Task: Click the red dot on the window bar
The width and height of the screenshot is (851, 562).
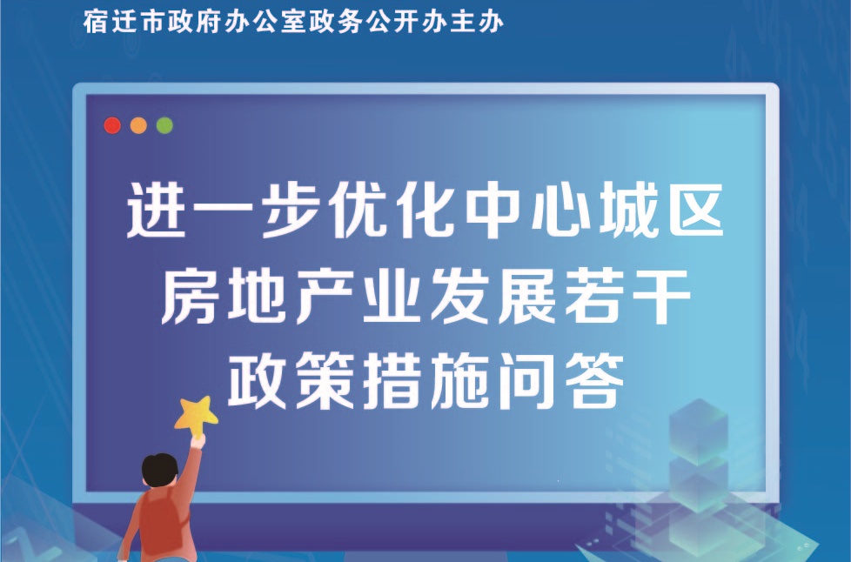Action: [x=112, y=125]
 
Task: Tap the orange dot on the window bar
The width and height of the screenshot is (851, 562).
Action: [x=138, y=125]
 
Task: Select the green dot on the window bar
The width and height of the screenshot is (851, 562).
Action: [x=164, y=125]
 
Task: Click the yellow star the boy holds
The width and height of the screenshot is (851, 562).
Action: [x=196, y=416]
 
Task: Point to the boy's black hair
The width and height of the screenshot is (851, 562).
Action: [x=159, y=469]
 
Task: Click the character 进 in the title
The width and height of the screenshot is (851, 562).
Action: [x=155, y=210]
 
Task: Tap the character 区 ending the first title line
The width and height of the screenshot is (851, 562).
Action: [x=697, y=210]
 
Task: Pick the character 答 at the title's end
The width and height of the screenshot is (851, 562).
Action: [x=595, y=380]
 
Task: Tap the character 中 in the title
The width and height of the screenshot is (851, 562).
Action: [x=494, y=210]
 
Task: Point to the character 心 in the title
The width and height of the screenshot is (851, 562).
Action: [x=561, y=210]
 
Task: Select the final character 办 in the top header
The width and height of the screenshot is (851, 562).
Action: [x=491, y=23]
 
